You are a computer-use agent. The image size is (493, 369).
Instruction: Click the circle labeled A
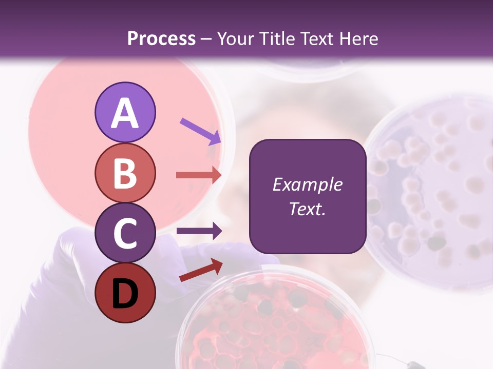click(125, 113)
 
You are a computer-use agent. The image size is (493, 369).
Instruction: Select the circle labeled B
click(125, 173)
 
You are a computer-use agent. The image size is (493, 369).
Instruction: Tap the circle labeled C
click(125, 233)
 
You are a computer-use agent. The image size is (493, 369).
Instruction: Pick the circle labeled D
click(125, 293)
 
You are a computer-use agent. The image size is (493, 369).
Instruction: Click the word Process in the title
click(161, 38)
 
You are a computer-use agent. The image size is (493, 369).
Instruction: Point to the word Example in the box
click(307, 184)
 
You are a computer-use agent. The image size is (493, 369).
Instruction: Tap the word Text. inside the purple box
click(307, 209)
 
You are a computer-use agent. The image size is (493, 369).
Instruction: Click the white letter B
click(125, 173)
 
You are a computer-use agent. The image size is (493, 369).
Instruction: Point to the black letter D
click(125, 293)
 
